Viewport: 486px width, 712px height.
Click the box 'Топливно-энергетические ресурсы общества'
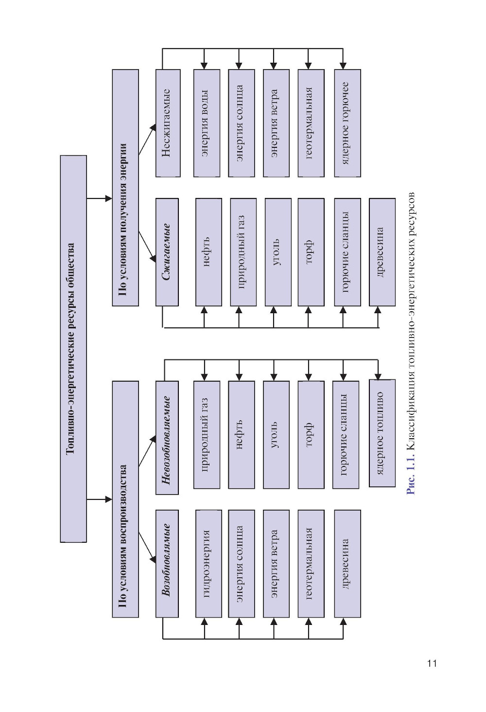(x=73, y=348)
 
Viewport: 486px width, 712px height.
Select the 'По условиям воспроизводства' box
(x=125, y=499)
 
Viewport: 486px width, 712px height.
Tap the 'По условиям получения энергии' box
(x=125, y=188)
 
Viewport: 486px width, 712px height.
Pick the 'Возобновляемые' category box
(x=167, y=563)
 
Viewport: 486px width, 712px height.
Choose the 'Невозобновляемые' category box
(x=167, y=438)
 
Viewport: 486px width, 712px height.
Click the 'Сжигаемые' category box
(x=167, y=252)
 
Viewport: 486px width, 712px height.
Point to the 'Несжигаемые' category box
(x=167, y=123)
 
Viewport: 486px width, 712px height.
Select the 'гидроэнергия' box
(x=208, y=563)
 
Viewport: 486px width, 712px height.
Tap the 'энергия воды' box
(x=206, y=123)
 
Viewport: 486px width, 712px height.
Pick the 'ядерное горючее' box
(x=347, y=123)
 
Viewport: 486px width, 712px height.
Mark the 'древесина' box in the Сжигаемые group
(x=382, y=252)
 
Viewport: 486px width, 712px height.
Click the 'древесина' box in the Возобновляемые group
(x=347, y=563)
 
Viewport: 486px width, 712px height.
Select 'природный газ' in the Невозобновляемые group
(x=206, y=434)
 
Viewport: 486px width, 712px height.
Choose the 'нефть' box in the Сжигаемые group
(x=208, y=252)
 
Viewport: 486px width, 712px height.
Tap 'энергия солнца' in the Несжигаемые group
(x=241, y=123)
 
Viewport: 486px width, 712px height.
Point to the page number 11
(x=432, y=663)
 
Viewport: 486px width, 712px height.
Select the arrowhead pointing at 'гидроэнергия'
(x=205, y=622)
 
